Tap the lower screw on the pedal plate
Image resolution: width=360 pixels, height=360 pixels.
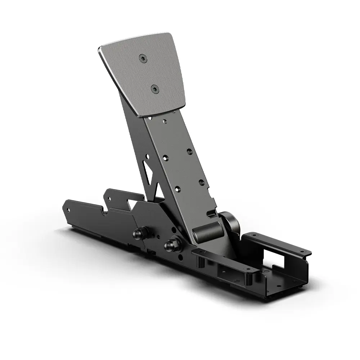(154, 88)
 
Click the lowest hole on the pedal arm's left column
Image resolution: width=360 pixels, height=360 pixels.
(177, 188)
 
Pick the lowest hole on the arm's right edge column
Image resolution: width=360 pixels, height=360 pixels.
(201, 182)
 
